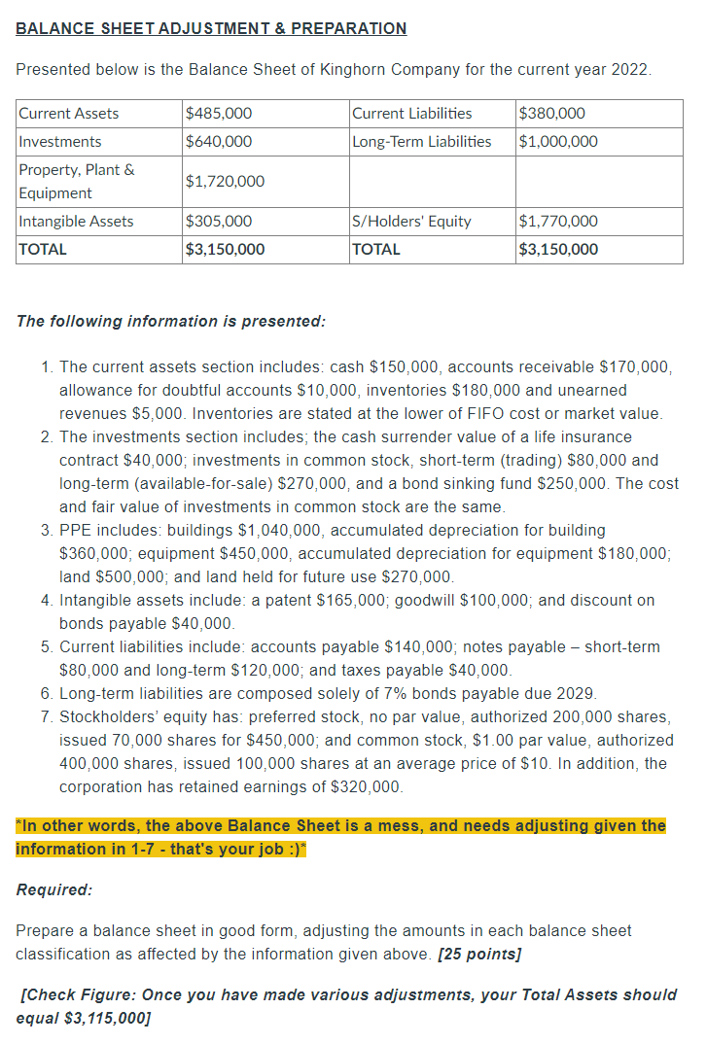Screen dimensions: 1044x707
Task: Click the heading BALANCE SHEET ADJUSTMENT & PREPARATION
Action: point(211,28)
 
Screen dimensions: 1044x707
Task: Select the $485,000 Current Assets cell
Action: point(219,113)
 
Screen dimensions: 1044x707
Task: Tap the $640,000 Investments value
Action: point(219,141)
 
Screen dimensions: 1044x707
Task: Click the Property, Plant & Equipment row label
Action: point(77,181)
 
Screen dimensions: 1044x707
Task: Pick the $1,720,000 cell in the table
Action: point(225,181)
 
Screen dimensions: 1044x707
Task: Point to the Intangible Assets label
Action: point(77,221)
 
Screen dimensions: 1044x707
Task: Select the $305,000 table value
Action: point(219,221)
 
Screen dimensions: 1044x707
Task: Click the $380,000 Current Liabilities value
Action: point(553,113)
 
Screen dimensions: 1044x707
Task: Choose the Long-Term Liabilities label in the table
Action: point(421,141)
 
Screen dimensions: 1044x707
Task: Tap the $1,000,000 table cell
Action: point(559,141)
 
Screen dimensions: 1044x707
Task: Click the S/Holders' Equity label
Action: point(411,221)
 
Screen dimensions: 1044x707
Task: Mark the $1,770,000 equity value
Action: point(559,221)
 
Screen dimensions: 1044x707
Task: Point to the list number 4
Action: point(47,600)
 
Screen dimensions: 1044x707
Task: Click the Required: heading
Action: point(54,889)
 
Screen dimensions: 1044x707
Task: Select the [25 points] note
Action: point(479,954)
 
